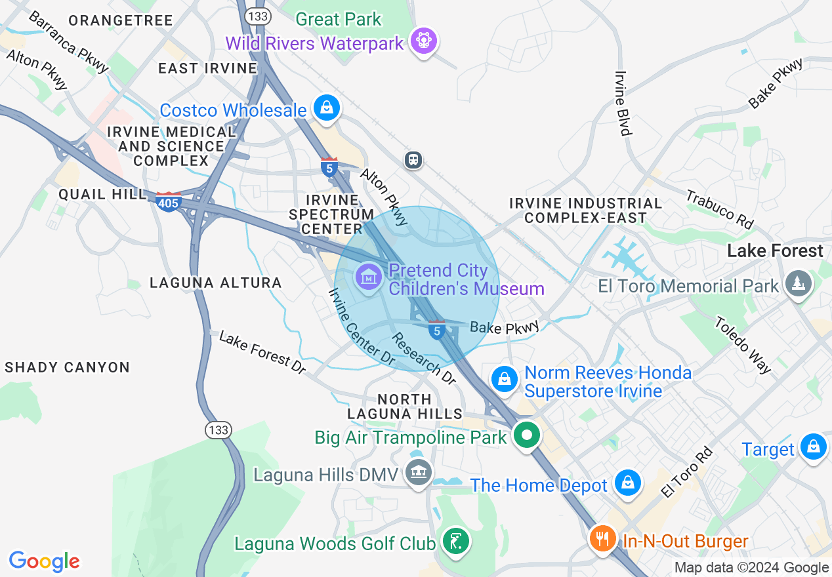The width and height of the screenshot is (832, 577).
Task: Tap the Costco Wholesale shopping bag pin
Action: point(326,108)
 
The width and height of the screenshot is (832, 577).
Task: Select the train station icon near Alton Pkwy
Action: point(413,160)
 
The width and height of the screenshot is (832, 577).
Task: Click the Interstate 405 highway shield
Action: point(169,203)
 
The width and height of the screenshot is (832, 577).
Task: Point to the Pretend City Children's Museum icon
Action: point(369,277)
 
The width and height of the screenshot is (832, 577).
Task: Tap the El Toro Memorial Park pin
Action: point(799,284)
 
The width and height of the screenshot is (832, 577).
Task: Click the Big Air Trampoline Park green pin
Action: point(526,435)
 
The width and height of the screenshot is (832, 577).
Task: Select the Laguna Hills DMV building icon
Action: point(418,472)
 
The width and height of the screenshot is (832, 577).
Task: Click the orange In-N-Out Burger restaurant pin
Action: point(602,539)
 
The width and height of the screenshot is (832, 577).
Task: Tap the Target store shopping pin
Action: point(814,447)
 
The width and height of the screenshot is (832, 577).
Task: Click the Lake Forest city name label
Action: point(775,251)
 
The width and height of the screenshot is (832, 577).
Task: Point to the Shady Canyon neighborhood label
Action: point(67,367)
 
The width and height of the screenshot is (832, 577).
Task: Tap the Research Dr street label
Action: point(423,359)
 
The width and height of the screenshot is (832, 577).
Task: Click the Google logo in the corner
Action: point(44,561)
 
